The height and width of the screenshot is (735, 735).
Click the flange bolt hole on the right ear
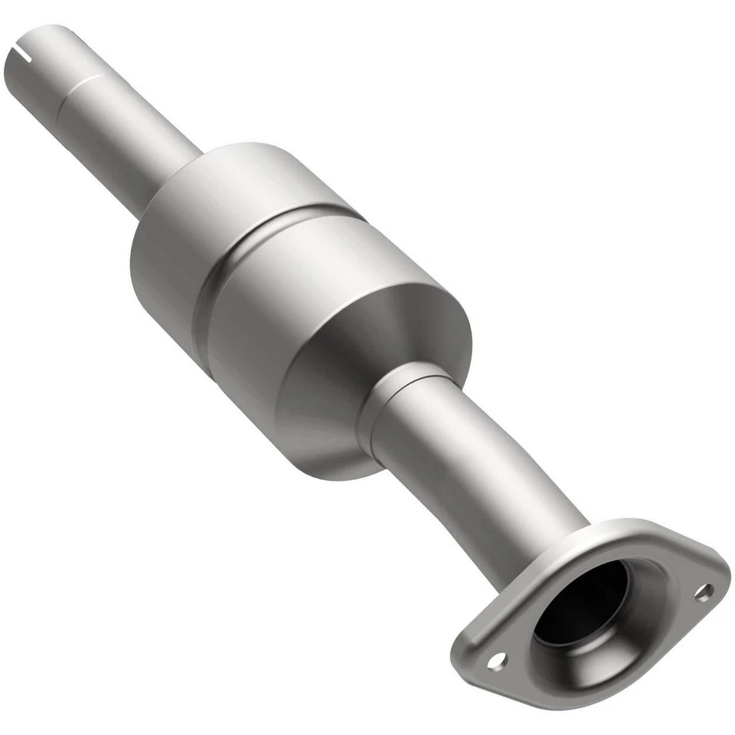702,591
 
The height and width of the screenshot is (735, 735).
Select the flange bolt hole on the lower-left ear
496,658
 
